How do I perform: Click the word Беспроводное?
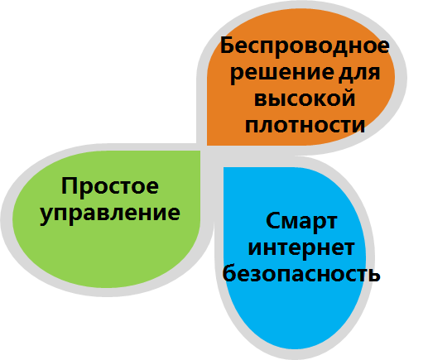pos(305,47)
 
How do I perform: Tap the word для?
pos(359,73)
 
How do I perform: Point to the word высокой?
pos(305,98)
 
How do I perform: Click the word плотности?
pos(305,126)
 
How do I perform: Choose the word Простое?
pos(110,186)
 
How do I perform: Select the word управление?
pos(110,214)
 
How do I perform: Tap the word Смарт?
pos(301,222)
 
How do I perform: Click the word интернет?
pos(301,247)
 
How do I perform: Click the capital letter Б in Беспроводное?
pos(227,46)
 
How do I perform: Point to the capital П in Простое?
pos(69,185)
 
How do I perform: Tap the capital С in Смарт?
pos(272,221)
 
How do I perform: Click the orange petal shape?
pos(301,77)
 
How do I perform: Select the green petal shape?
pos(107,219)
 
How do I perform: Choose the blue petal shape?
pos(295,258)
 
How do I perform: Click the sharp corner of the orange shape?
pos(207,145)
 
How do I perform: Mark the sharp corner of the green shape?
pos(200,151)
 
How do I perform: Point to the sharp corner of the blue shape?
pos(224,167)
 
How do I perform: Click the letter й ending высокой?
pos(348,98)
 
